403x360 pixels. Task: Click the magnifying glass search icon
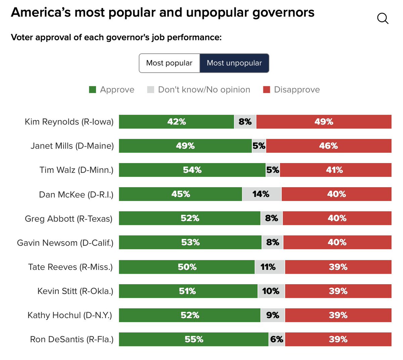pos(383,18)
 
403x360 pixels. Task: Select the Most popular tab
pos(169,63)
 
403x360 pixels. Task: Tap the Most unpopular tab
pos(234,63)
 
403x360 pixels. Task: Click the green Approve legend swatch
pos(93,90)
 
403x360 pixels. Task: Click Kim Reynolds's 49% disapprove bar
pos(324,122)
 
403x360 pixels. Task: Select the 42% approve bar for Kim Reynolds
pos(176,122)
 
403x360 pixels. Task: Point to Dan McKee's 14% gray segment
pos(262,194)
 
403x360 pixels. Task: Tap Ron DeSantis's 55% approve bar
pos(194,340)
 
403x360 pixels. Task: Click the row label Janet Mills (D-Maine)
pos(72,146)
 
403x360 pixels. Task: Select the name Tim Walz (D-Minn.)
pos(76,170)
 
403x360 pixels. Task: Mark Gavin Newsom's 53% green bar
pos(190,243)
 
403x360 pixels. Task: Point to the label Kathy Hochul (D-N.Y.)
pos(70,315)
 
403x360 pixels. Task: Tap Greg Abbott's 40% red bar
pos(337,218)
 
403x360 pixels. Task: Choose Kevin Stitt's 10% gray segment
pos(271,291)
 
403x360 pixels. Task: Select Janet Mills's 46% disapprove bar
pos(328,146)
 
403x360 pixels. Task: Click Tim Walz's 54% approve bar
pos(192,170)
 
